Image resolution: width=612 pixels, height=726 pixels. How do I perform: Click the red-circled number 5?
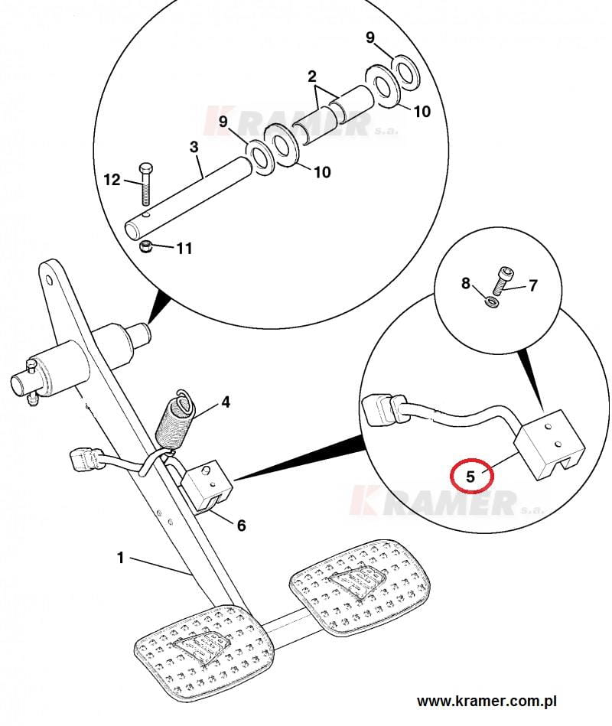tap(470, 476)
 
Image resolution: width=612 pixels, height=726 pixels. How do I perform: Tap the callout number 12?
tap(112, 180)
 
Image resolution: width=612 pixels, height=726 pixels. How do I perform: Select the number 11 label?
tap(184, 249)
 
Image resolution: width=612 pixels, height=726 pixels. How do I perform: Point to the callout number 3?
tap(194, 147)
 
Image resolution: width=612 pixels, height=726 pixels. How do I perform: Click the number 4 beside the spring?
tap(226, 402)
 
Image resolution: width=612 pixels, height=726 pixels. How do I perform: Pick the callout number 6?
tap(241, 526)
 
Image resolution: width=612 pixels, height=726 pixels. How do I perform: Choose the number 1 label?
tap(120, 558)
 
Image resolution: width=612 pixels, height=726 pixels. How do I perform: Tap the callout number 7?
tap(533, 285)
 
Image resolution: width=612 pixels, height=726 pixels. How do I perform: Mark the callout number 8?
tap(466, 283)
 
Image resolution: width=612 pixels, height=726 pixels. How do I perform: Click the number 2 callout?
tap(312, 77)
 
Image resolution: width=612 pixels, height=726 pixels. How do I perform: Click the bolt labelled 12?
tap(145, 184)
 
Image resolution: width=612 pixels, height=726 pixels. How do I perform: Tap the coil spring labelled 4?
tap(174, 422)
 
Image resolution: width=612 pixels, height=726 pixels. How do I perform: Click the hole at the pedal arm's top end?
tap(49, 281)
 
